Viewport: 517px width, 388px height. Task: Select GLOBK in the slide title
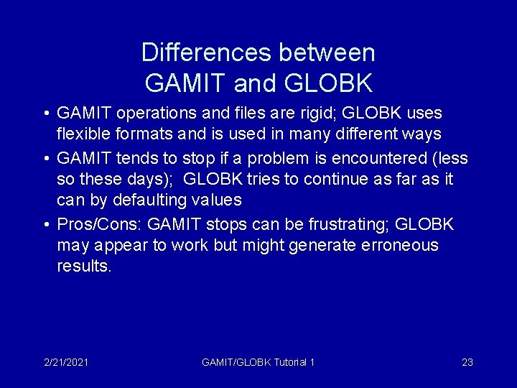[x=329, y=83]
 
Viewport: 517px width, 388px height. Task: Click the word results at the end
[x=84, y=267]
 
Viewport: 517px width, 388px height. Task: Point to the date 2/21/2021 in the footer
[x=66, y=362]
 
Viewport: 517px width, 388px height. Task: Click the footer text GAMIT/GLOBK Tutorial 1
[x=258, y=362]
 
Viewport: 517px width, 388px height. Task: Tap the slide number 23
[x=467, y=362]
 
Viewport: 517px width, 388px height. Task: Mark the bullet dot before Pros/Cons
[x=46, y=225]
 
